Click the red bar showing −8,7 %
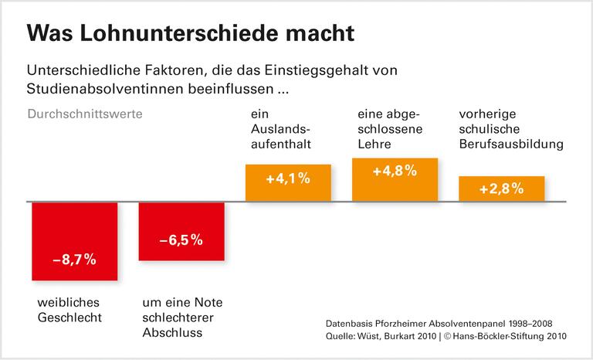tap(74, 242)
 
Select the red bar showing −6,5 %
tap(181, 232)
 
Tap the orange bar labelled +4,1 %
tap(288, 183)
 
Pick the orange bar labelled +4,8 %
tap(395, 180)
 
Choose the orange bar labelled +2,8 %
tap(502, 188)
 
